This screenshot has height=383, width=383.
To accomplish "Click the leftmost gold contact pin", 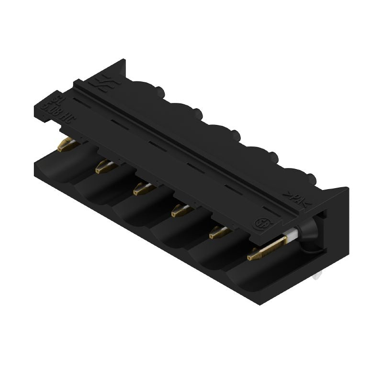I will pos(66,145).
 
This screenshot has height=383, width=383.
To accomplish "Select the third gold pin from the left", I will pos(142,189).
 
